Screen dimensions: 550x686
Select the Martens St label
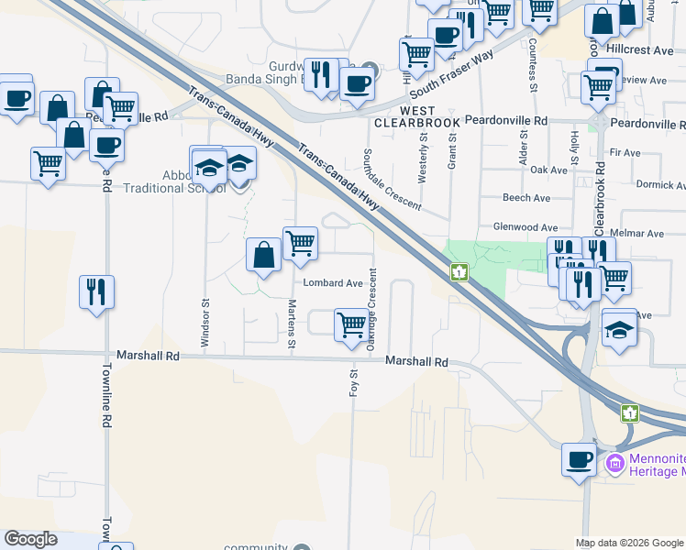(292, 317)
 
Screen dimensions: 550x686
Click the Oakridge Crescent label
(371, 309)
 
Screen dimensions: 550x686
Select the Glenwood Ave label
(525, 227)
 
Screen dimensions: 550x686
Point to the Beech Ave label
(526, 198)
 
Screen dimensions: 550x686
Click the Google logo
(31, 539)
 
